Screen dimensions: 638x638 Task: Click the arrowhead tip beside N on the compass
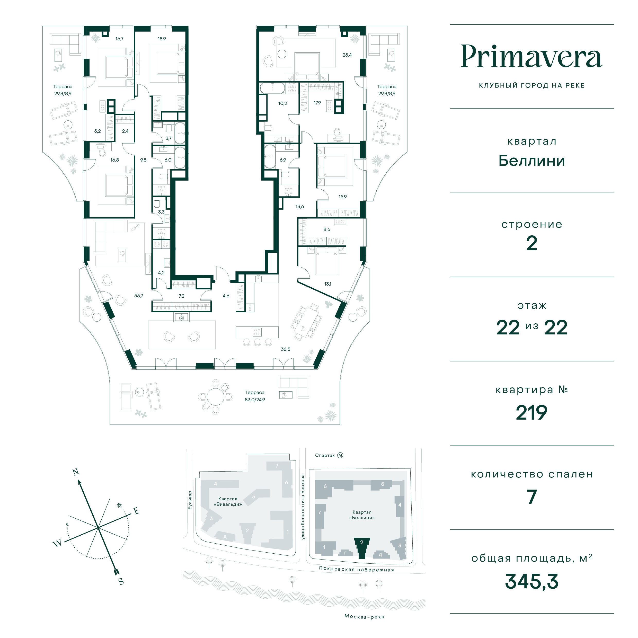tap(79, 480)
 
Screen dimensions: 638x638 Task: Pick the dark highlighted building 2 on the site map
tap(362, 548)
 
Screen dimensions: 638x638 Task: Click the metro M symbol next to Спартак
tap(340, 455)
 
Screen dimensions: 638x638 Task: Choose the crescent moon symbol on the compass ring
tap(68, 524)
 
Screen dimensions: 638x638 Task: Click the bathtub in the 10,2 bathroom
tap(272, 88)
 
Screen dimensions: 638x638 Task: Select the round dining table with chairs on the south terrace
tap(215, 396)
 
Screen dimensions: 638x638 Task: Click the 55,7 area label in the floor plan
tap(139, 296)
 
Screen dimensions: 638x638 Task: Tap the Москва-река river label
tap(364, 617)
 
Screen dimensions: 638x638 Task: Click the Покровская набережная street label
tap(357, 569)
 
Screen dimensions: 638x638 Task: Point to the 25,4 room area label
tap(347, 55)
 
